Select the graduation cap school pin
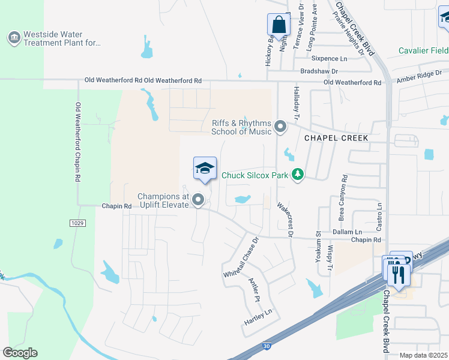coord(205,169)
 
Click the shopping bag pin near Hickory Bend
coord(279,25)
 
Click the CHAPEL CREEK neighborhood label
coord(336,137)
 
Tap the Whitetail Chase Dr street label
coord(240,256)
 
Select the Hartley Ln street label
coord(258,317)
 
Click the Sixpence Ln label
coord(330,58)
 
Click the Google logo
coord(20,353)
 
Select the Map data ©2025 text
coord(424,355)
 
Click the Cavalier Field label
coord(424,50)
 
